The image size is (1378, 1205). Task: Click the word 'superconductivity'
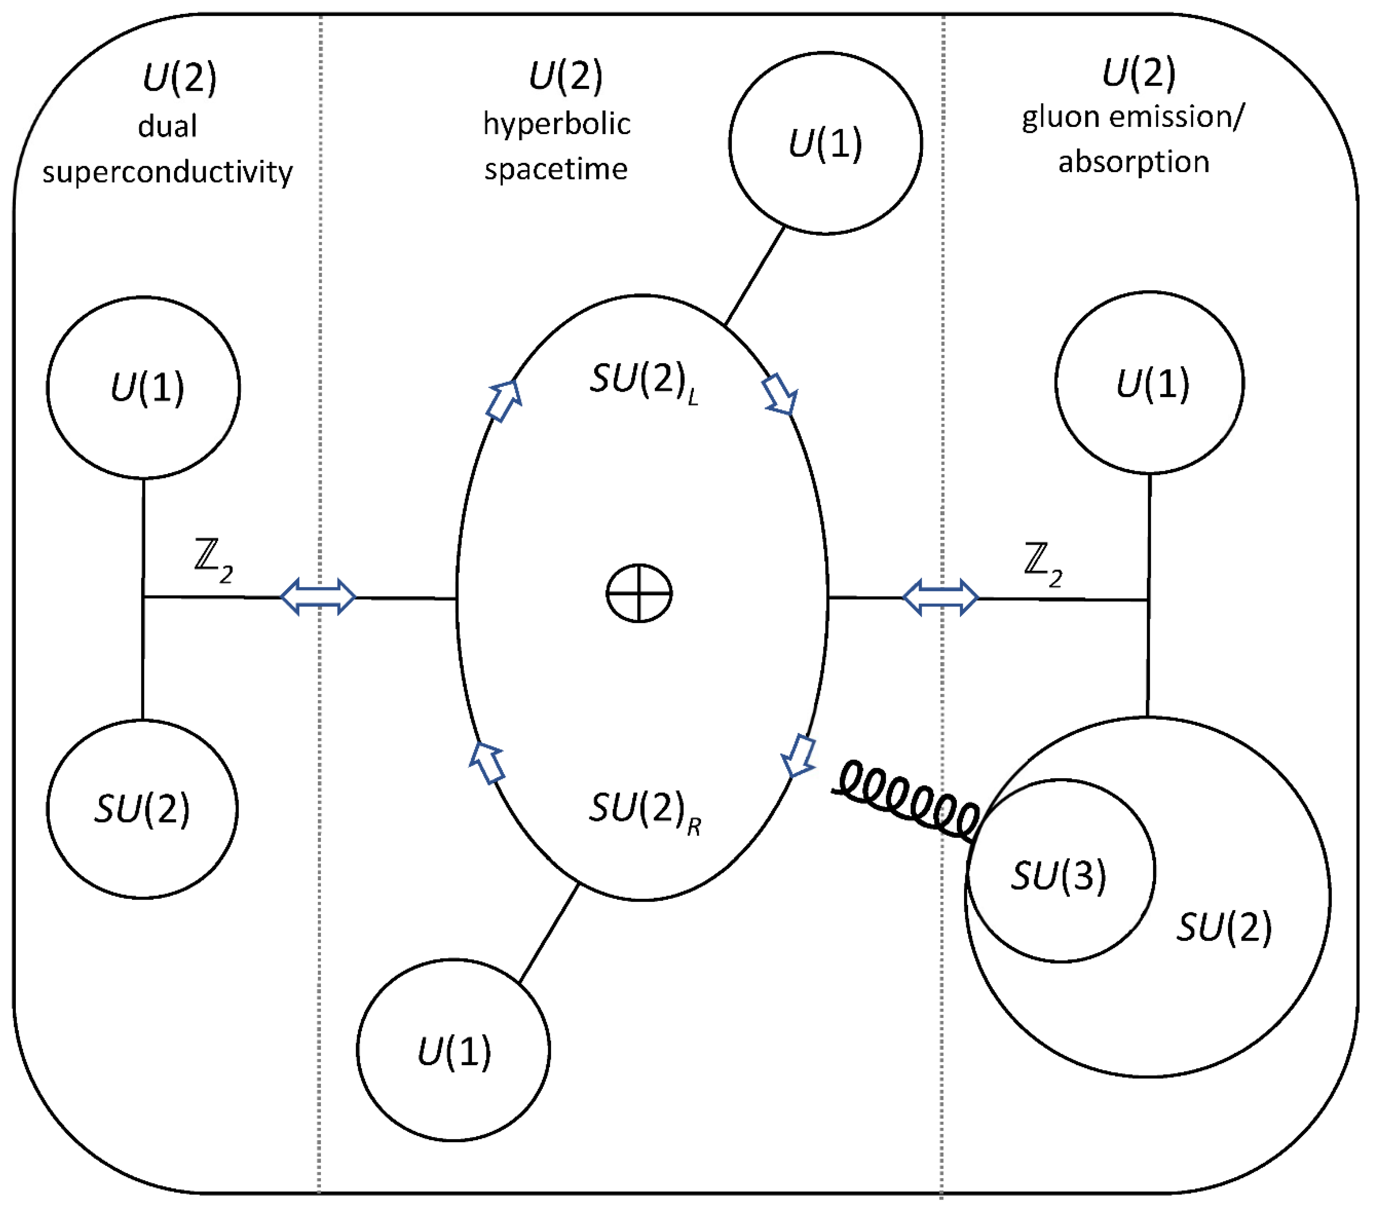pos(168,172)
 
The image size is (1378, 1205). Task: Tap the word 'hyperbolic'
pos(557,124)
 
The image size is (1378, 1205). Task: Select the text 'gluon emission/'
pos(1133,117)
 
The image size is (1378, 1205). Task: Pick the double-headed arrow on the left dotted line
pos(318,596)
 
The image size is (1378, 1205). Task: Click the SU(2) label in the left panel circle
pos(142,809)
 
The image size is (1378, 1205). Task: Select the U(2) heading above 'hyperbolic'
pos(565,76)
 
